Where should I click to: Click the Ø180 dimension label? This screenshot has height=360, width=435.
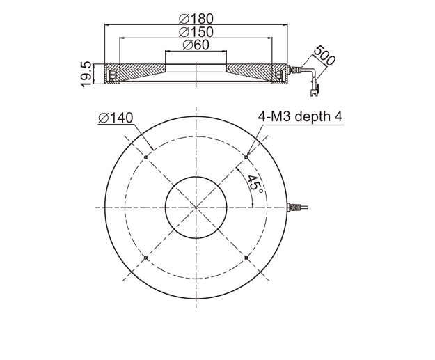196,19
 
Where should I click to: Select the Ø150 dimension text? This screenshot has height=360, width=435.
196,32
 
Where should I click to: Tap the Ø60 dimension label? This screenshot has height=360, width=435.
196,45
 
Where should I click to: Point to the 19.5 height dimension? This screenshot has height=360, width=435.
86,74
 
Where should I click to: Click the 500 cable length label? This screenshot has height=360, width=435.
324,55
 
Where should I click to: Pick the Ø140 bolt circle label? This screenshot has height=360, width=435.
116,118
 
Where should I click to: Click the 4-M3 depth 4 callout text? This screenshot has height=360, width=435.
300,116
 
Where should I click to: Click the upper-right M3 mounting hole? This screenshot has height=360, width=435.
246,157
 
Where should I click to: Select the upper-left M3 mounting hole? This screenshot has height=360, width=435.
146,157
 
